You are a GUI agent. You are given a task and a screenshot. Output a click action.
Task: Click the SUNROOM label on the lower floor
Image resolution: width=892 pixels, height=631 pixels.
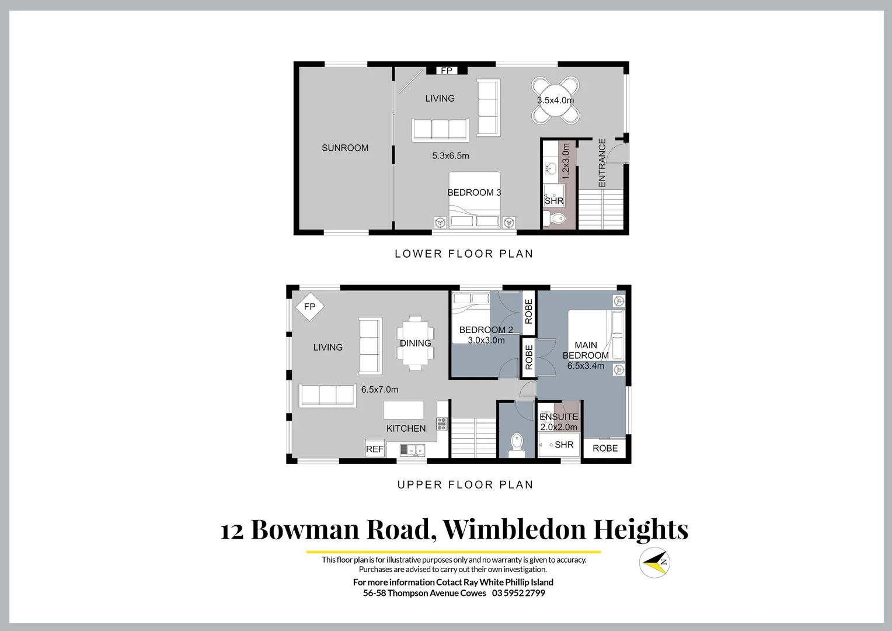pos(345,148)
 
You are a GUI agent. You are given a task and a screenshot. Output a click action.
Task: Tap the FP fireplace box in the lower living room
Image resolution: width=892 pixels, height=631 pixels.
pos(447,71)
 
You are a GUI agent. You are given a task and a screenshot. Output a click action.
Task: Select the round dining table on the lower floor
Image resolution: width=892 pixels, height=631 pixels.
pos(555,100)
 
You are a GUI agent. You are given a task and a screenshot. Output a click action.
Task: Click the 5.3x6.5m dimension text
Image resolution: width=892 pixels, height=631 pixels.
pos(451,156)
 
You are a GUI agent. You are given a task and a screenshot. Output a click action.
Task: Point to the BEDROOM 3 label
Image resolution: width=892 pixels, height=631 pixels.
pos(474,193)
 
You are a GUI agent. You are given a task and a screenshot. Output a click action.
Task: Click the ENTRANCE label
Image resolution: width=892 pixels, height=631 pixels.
pos(602,162)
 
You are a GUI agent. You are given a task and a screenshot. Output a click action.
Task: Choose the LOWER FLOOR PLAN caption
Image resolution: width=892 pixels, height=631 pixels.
pos(464,254)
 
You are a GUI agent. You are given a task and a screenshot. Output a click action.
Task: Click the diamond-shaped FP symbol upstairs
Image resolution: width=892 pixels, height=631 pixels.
pos(309,307)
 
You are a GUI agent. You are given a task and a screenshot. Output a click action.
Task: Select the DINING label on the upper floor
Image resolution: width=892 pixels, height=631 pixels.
pos(415,343)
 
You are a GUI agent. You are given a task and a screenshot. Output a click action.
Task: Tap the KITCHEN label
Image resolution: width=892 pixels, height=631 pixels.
pos(406,428)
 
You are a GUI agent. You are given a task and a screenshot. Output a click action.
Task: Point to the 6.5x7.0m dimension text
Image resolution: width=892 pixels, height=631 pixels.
pos(379,390)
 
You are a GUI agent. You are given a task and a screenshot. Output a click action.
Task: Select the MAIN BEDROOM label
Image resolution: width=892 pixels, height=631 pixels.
pos(586,351)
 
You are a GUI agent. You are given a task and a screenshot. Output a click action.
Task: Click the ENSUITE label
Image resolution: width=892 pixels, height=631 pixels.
pos(559,417)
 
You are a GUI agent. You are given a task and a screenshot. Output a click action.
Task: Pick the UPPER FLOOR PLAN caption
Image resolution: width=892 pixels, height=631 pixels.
pos(465,484)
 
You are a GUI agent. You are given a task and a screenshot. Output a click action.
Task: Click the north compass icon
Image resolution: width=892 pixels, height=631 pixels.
pos(654,563)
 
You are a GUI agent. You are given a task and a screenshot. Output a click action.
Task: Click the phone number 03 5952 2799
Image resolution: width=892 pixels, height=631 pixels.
pos(518,593)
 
